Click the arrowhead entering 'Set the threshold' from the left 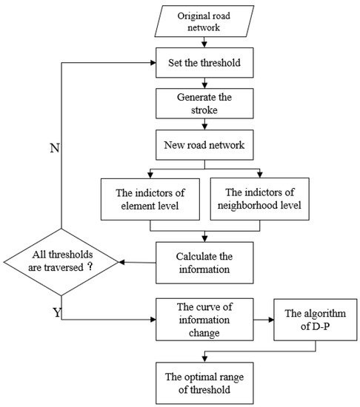pyautogui.click(x=152, y=61)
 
